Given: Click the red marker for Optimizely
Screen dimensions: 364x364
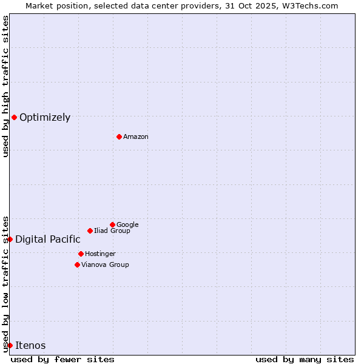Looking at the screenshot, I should [x=14, y=117].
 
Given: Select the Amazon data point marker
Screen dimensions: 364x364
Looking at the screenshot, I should [x=119, y=136].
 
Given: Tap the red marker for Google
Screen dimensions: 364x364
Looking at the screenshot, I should [x=112, y=224].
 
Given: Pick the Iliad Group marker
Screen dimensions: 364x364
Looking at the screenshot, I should [x=90, y=231].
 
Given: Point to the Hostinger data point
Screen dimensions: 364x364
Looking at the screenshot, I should [x=81, y=254].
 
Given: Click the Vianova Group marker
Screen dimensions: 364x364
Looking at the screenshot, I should [x=77, y=265].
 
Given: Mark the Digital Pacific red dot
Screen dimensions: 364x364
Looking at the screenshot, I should [x=10, y=239].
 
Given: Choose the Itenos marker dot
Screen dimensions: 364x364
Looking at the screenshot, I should [x=10, y=345].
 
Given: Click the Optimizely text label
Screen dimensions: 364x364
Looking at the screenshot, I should [x=45, y=118].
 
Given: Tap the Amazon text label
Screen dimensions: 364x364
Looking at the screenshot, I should [x=136, y=137].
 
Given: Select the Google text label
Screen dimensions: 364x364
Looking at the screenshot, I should [x=127, y=225].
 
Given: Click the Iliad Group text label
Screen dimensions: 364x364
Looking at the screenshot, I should [x=112, y=231].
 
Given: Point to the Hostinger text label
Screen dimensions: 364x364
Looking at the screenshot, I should [x=100, y=254].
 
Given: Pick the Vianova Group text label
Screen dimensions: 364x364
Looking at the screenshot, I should [x=105, y=265].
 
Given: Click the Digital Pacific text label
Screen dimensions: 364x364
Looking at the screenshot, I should [x=48, y=240].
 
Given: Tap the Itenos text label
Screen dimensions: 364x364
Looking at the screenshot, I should [x=30, y=346].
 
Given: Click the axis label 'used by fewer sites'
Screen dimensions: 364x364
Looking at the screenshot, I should [x=62, y=359].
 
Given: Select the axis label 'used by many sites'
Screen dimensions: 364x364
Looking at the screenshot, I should [x=305, y=359].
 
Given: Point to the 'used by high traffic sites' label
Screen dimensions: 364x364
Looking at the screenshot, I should [x=5, y=86].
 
